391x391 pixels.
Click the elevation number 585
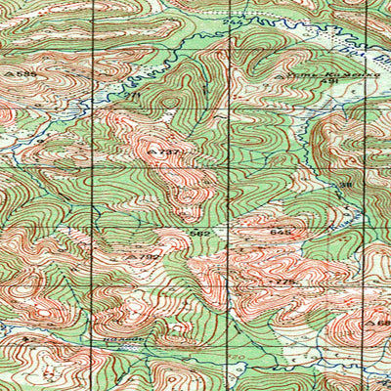click(x=26, y=71)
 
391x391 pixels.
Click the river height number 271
click(x=135, y=94)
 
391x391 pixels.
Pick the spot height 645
click(x=278, y=233)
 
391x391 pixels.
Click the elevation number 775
click(x=284, y=282)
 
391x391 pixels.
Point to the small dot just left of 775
click(x=272, y=282)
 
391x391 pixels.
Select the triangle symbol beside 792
click(x=134, y=256)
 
